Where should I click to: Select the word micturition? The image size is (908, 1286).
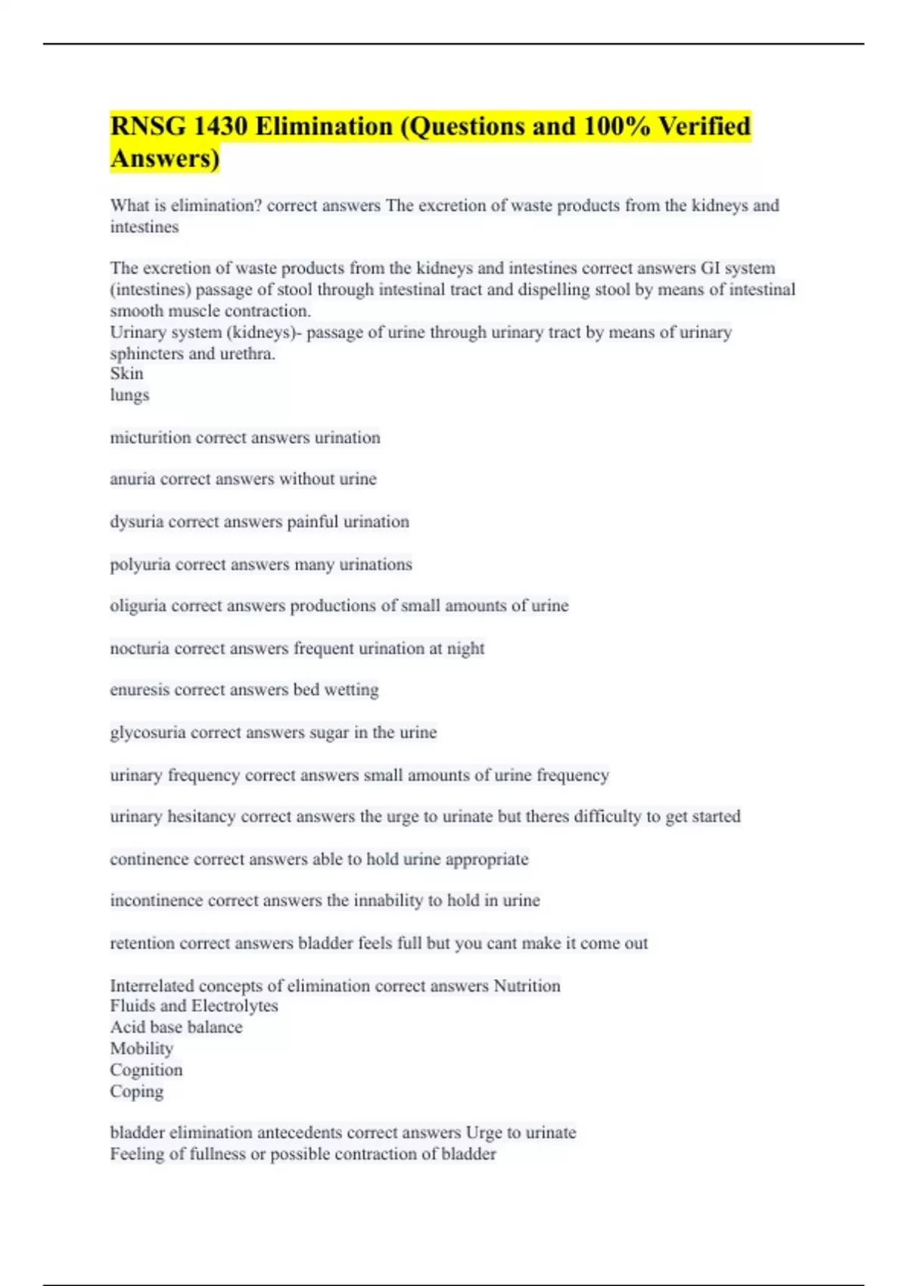click(150, 437)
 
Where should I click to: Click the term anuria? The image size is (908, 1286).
click(132, 479)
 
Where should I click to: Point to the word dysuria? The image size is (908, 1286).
click(136, 522)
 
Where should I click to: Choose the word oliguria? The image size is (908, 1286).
click(138, 606)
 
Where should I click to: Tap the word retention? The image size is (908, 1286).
click(142, 943)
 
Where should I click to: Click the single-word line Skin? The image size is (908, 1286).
click(126, 374)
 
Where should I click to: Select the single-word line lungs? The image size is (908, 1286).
click(129, 395)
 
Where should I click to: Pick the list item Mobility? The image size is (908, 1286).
click(141, 1048)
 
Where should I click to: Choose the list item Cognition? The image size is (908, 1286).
click(146, 1070)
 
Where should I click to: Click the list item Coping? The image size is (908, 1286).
click(136, 1091)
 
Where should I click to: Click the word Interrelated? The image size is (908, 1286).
click(151, 986)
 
